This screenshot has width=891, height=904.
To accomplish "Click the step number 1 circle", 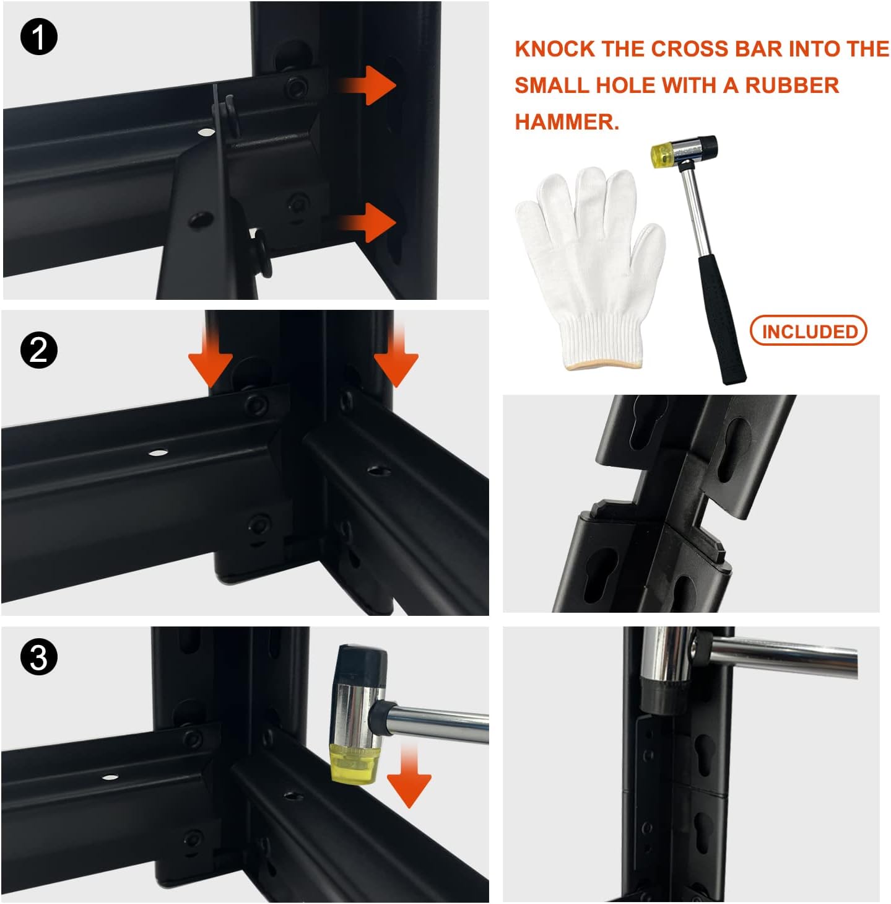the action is coord(39,37).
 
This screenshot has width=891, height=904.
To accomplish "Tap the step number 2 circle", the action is coord(39,350).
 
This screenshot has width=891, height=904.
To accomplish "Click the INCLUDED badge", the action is coord(809,331).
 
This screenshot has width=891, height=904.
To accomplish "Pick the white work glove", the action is coord(590,268).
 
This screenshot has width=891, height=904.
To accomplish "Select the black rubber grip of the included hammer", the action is coord(722,320).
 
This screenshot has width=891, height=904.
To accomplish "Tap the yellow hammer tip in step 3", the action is coord(353,764).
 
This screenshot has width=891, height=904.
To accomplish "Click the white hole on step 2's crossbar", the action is coord(159,453).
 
